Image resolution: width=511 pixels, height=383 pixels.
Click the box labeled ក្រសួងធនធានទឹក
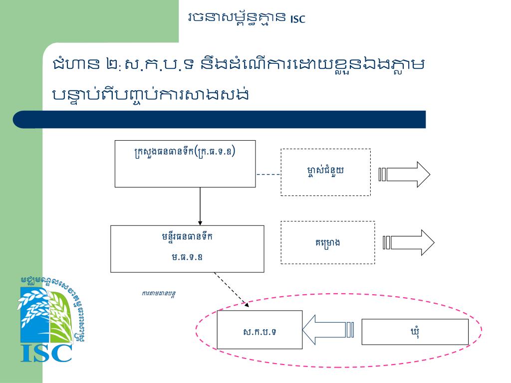click(185, 164)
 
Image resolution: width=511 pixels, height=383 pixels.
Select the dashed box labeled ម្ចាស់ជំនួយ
click(325, 172)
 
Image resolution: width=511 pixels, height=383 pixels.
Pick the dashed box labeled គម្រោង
click(327, 242)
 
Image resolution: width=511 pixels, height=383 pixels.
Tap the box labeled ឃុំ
click(415, 332)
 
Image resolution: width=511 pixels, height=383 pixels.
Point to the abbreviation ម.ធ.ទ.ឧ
click(187, 257)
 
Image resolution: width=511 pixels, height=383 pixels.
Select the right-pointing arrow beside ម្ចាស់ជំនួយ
click(405, 175)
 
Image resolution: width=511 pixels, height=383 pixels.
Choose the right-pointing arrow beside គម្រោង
click(409, 242)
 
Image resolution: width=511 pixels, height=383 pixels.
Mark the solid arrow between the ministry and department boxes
click(200, 205)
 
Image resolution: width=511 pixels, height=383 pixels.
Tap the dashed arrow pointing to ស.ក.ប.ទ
click(231, 288)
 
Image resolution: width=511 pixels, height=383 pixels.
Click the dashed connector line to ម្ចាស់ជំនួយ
click(268, 175)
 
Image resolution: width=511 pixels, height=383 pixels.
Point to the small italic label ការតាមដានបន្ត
click(158, 293)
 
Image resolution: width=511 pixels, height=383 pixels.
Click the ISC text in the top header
click(297, 19)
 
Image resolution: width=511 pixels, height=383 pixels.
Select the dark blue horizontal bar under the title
click(220, 120)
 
